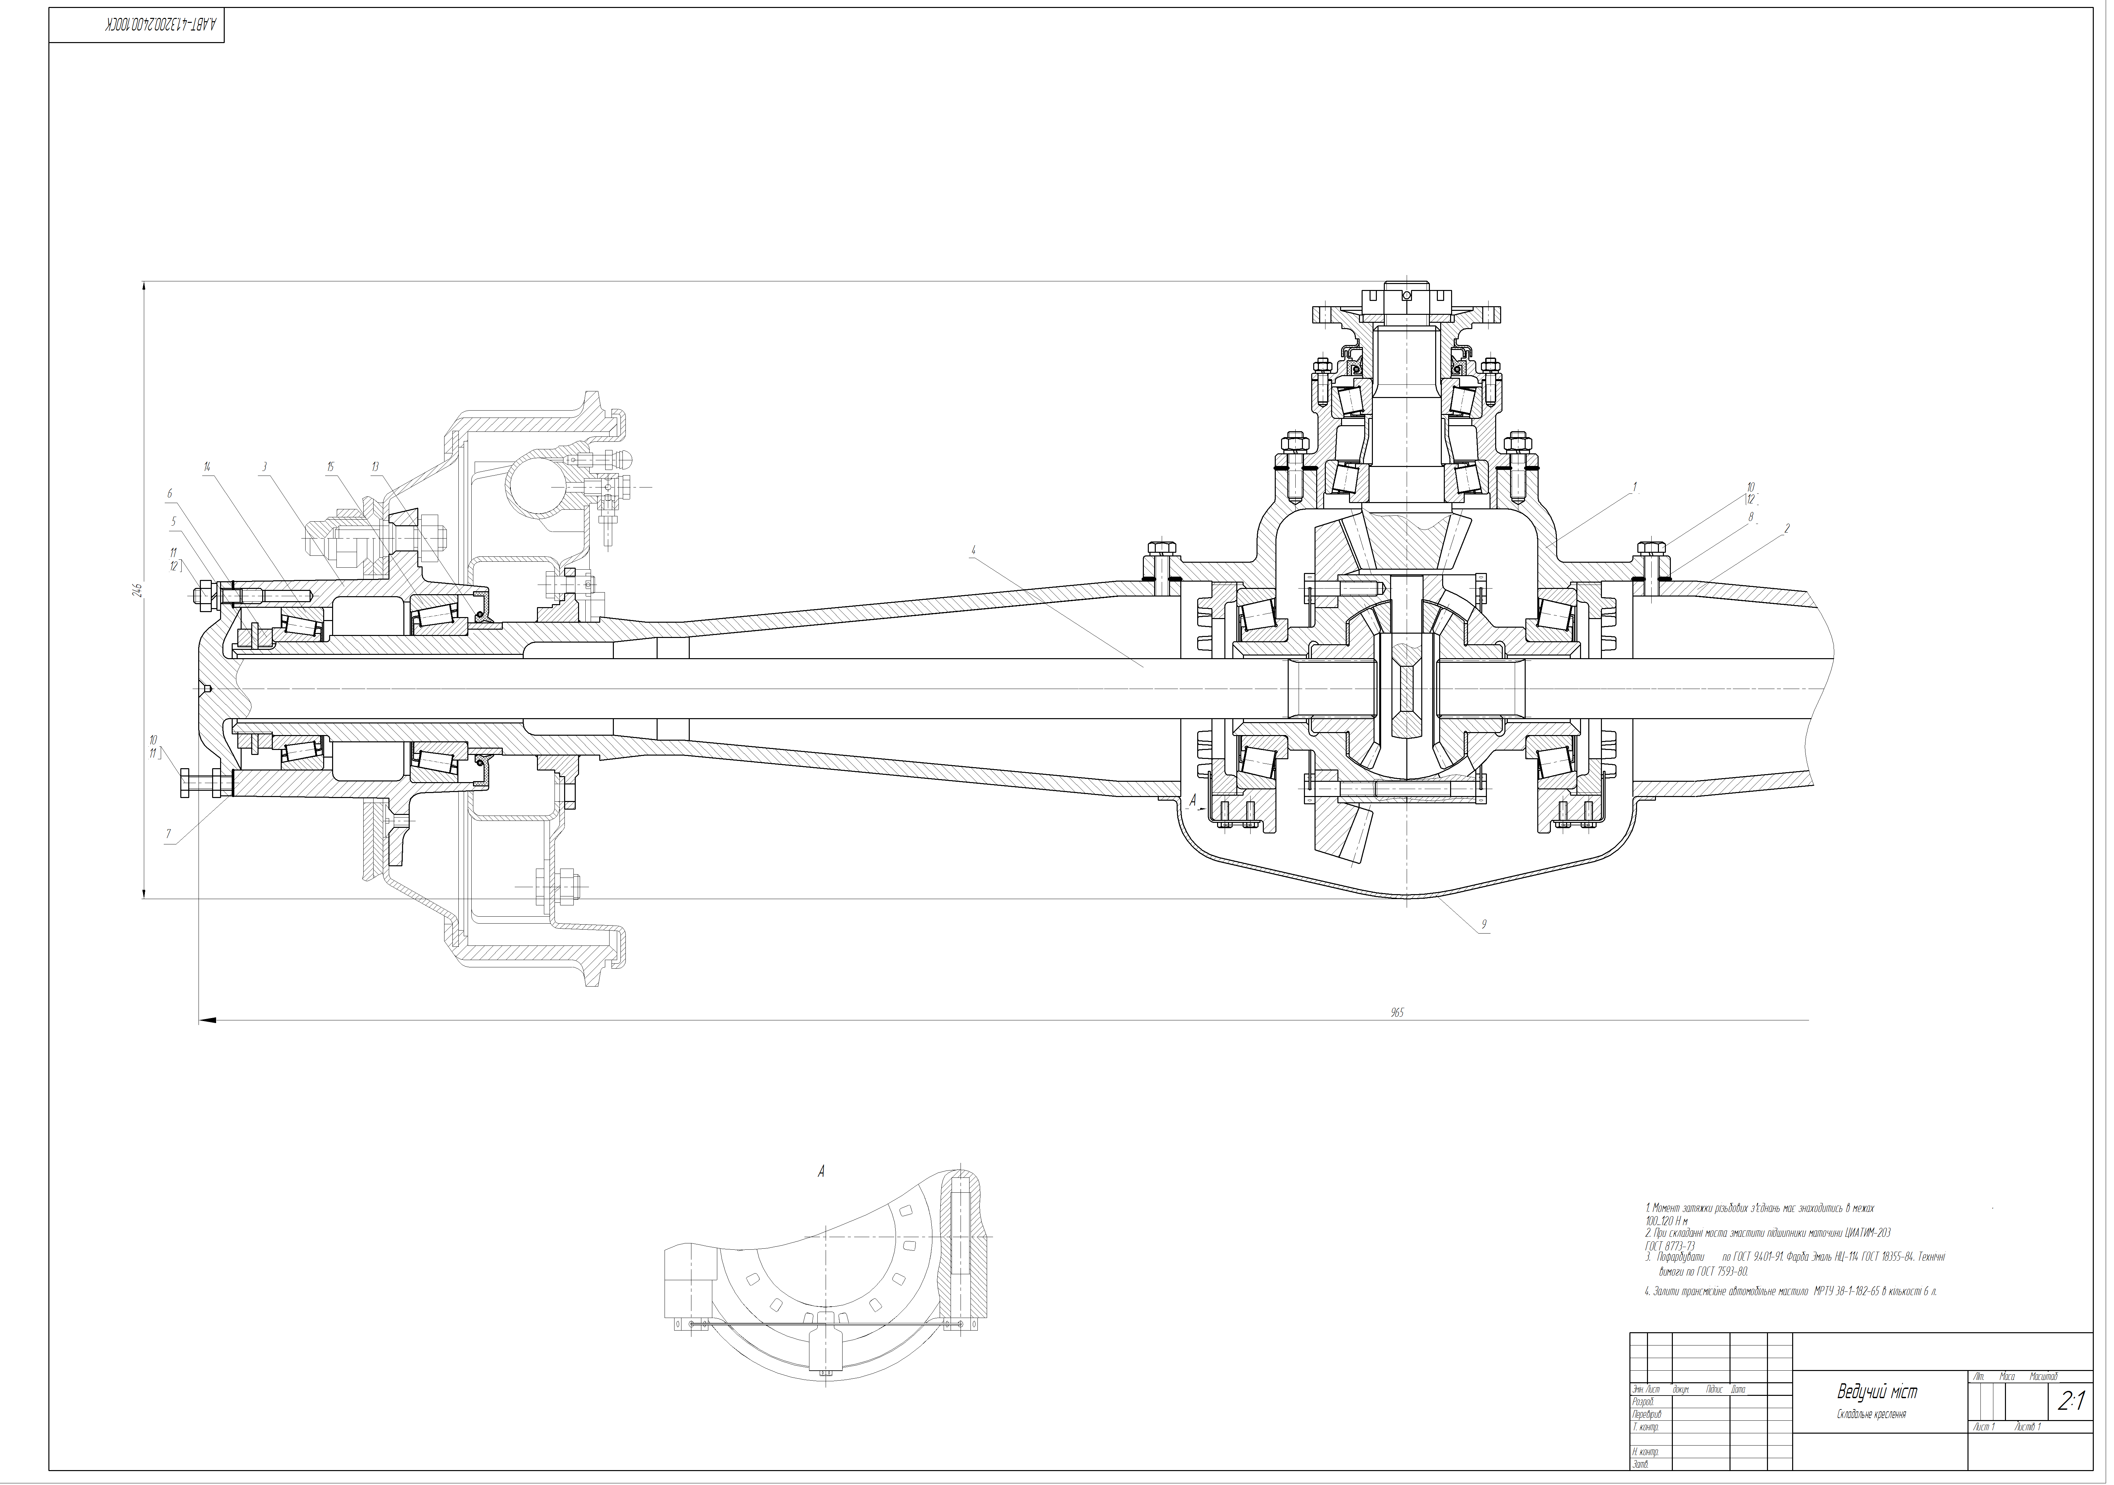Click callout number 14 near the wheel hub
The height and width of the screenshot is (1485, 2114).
208,467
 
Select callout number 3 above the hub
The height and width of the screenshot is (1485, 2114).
264,467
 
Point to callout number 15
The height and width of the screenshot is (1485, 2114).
329,467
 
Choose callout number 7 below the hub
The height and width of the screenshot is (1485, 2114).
168,834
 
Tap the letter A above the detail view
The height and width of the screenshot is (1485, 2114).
820,1172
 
